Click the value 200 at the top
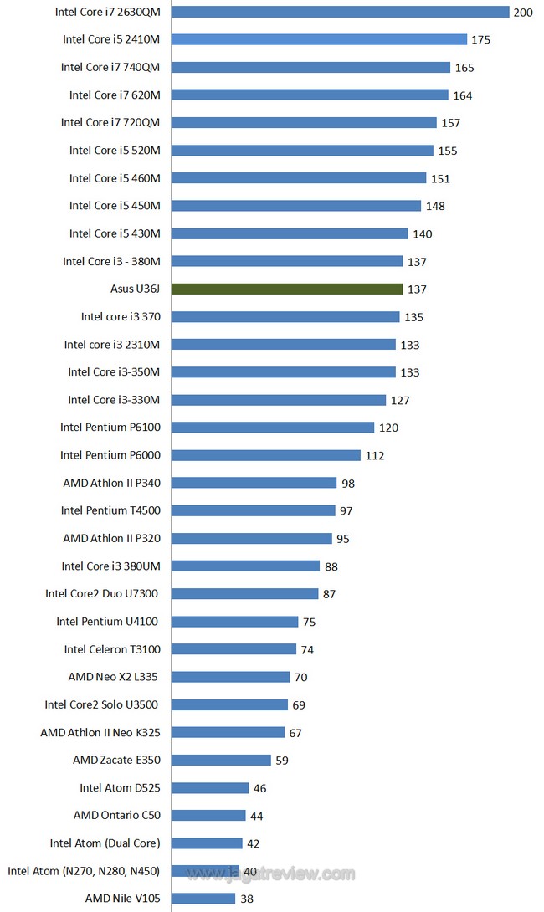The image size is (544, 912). pos(523,13)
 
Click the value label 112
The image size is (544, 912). pos(373,455)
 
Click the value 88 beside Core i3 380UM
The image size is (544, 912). pos(331,566)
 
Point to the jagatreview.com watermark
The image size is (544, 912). pos(271,874)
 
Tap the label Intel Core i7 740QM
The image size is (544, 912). pos(110,67)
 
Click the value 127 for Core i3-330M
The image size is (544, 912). pos(400,400)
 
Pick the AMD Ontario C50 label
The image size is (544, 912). pos(116,815)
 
